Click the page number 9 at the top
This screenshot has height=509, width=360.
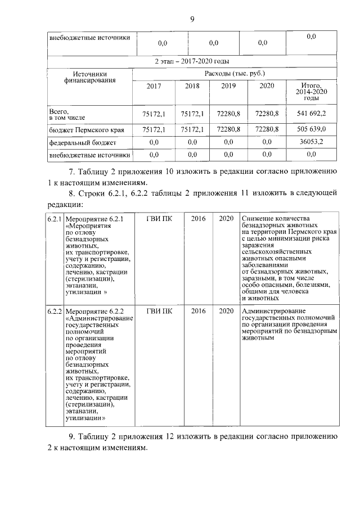coord(191,20)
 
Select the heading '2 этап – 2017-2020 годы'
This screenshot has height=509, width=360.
coord(191,61)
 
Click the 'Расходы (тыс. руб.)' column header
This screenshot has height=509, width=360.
coord(235,73)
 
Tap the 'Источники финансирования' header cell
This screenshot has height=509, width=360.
coord(90,77)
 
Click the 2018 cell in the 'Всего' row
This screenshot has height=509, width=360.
coord(192,114)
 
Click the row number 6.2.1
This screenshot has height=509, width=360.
coord(55,218)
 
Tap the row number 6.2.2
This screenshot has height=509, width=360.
coord(55,311)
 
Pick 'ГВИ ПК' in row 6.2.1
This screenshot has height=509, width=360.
coord(159,218)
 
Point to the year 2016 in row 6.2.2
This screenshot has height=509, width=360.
coord(199,311)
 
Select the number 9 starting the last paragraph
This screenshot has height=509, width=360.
coord(71,436)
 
